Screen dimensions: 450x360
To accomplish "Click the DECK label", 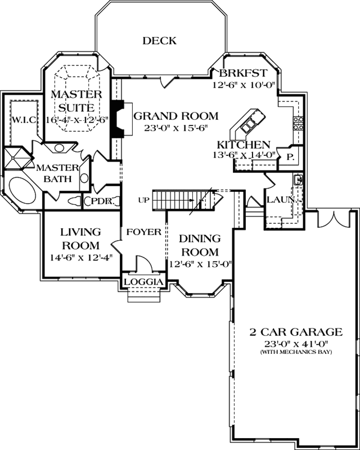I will (159, 40).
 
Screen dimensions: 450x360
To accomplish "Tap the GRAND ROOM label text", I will (175, 116).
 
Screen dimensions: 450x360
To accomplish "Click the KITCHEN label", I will (244, 145).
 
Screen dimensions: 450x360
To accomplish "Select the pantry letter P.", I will (291, 156).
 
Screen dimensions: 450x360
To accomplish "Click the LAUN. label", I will (278, 200).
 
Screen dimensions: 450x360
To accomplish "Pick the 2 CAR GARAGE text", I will (289, 331).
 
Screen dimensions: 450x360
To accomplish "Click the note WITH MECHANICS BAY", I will (289, 352).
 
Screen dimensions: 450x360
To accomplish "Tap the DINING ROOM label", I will (200, 245).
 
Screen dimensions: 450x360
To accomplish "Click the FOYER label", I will (144, 232).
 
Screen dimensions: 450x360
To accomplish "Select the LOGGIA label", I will (143, 282).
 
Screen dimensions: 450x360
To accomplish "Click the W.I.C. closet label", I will (24, 119).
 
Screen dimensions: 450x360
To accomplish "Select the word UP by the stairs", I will (143, 200).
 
